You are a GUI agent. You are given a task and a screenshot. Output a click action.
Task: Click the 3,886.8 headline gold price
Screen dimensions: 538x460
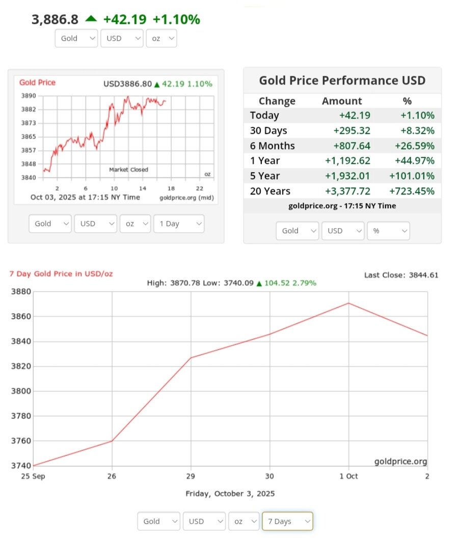[x=55, y=19]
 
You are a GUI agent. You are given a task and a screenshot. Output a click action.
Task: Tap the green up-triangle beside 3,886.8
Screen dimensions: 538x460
[x=91, y=19]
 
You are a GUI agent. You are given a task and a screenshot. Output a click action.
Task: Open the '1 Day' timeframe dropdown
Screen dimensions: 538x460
[x=178, y=224]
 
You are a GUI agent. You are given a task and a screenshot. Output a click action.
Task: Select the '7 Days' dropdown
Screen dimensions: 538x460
[x=287, y=521]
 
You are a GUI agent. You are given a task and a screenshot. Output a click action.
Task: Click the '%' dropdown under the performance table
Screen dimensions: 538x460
[x=388, y=231]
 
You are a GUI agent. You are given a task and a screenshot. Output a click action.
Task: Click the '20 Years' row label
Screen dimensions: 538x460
[x=270, y=191]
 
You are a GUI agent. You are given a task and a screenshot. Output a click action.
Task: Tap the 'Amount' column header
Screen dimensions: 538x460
[x=342, y=101]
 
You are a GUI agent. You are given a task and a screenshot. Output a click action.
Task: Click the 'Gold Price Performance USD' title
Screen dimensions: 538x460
[x=342, y=80]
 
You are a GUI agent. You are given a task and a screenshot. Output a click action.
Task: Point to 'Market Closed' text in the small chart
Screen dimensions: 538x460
[x=129, y=169]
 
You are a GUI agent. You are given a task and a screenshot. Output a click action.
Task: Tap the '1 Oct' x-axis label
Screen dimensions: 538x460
[x=348, y=476]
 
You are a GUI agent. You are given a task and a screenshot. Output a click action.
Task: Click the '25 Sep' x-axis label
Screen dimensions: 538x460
[x=32, y=476]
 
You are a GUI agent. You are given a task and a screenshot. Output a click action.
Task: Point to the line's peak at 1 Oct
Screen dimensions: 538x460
[x=348, y=303]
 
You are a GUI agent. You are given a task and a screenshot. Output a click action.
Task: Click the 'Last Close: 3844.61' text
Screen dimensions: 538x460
[x=401, y=275]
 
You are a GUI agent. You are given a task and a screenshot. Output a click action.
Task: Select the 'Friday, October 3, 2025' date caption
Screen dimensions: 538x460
[x=230, y=494]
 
